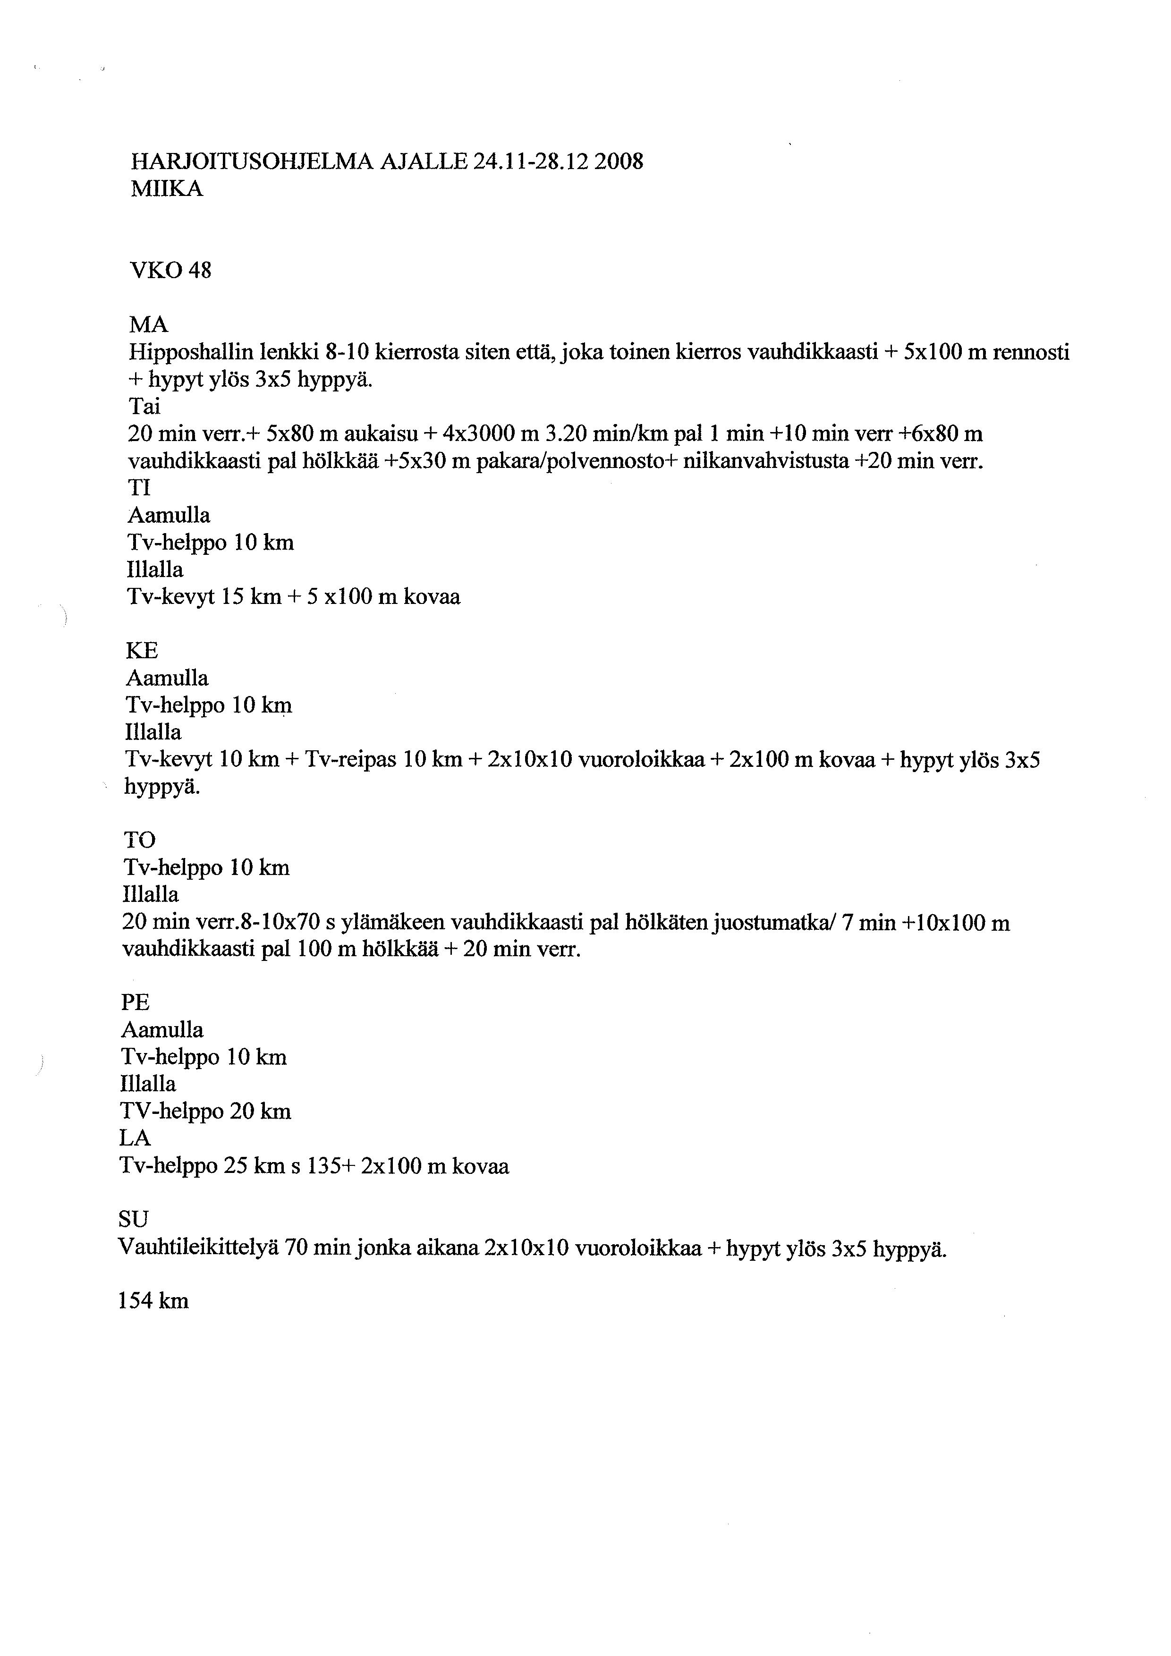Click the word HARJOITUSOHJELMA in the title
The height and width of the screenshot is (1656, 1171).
tap(252, 161)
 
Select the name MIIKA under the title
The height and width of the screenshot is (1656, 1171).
tap(167, 189)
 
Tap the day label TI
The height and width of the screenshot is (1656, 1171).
tap(139, 488)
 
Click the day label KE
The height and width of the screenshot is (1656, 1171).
tap(142, 651)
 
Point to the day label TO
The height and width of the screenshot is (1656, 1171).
tap(140, 840)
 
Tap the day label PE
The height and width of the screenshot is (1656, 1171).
tap(136, 1002)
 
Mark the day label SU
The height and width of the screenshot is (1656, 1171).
tap(134, 1220)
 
